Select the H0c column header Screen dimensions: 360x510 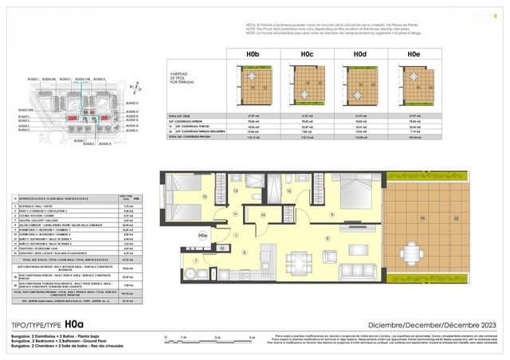307,55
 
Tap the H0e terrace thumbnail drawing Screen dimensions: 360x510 414,84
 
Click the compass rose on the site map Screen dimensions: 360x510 135,89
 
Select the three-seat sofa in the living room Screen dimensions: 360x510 355,270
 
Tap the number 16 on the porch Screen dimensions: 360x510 423,217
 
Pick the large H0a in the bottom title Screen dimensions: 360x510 73,324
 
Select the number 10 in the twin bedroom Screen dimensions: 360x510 204,195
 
